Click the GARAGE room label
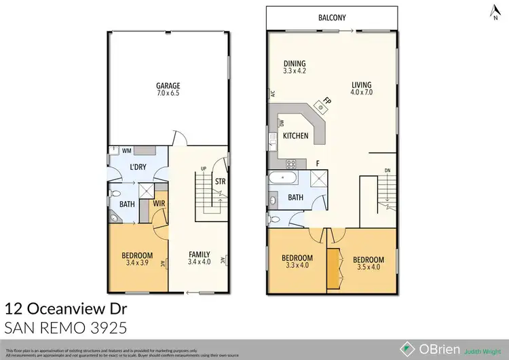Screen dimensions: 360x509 (x=168, y=90)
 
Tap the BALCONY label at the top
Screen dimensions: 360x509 (x=333, y=20)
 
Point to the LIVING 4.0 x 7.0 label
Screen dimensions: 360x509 (x=362, y=88)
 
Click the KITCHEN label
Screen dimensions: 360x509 (x=296, y=136)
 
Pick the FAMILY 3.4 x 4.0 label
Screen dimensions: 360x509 (x=199, y=258)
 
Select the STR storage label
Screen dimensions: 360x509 (x=220, y=182)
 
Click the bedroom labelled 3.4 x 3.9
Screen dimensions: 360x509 (x=138, y=259)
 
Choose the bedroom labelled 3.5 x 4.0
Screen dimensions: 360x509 (x=367, y=264)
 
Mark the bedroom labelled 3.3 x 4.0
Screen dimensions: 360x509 (x=297, y=262)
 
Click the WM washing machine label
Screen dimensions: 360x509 (x=126, y=150)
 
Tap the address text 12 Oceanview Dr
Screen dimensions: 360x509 (x=65, y=308)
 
